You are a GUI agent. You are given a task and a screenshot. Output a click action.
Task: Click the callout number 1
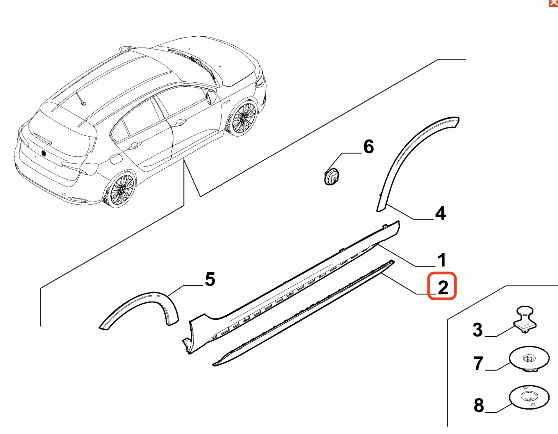pyautogui.click(x=441, y=260)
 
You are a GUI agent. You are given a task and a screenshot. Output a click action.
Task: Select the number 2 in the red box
pyautogui.click(x=442, y=287)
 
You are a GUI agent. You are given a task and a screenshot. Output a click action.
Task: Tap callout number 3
pyautogui.click(x=477, y=330)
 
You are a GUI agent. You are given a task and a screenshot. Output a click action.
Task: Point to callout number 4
pyautogui.click(x=440, y=213)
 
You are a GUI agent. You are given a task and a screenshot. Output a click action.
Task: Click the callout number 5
pyautogui.click(x=210, y=279)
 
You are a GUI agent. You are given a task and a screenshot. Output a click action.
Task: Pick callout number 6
pyautogui.click(x=369, y=147)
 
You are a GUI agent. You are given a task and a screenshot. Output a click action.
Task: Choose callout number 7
pyautogui.click(x=478, y=363)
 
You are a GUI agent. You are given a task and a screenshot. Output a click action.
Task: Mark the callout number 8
pyautogui.click(x=479, y=405)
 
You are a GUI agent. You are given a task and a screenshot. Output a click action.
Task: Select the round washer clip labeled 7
pyautogui.click(x=529, y=358)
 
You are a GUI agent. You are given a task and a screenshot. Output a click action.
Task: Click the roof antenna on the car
pyautogui.click(x=83, y=103)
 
